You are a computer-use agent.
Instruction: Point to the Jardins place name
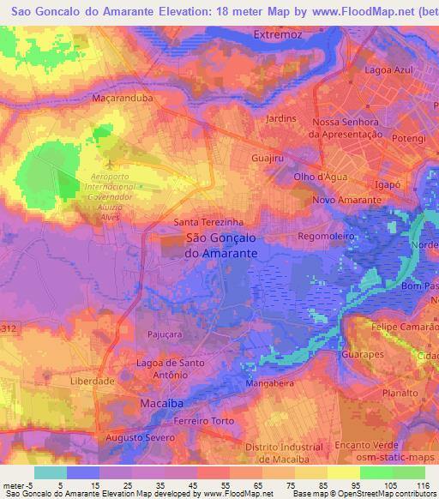tap(281, 118)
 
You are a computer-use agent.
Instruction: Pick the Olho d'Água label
tap(320, 177)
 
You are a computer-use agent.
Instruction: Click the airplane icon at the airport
tap(109, 162)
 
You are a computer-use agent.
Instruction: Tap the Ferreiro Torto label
tap(203, 419)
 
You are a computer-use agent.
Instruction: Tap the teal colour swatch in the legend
tap(51, 472)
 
